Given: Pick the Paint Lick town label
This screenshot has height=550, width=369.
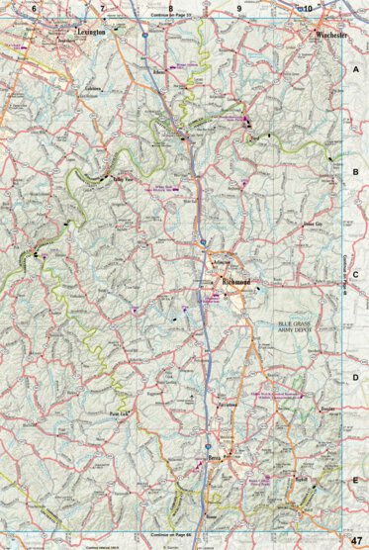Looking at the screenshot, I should (118, 414).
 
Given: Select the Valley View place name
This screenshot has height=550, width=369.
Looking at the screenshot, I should (122, 180).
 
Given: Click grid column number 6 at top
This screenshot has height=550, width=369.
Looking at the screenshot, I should (34, 8).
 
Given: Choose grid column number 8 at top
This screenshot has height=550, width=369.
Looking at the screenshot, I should (169, 8).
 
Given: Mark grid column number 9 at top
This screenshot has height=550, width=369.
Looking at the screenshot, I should (238, 8).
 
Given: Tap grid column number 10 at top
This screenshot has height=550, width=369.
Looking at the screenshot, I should (308, 8).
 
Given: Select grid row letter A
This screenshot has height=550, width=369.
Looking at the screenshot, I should (356, 70).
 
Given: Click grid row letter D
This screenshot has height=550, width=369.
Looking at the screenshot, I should (356, 377).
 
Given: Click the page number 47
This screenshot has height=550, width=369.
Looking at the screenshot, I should (356, 539).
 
